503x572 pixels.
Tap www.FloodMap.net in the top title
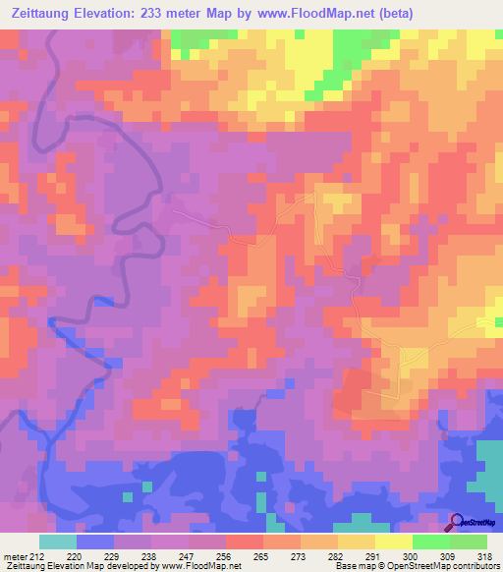coord(305,13)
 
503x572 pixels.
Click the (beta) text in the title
coord(391,13)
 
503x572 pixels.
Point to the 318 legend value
coord(476,555)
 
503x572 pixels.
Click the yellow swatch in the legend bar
coord(394,542)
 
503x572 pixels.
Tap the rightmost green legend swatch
coord(469,542)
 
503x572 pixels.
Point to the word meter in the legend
coord(15,555)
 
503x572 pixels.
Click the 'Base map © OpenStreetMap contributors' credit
coord(417,566)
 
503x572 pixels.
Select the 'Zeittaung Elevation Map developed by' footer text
coord(65,566)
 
